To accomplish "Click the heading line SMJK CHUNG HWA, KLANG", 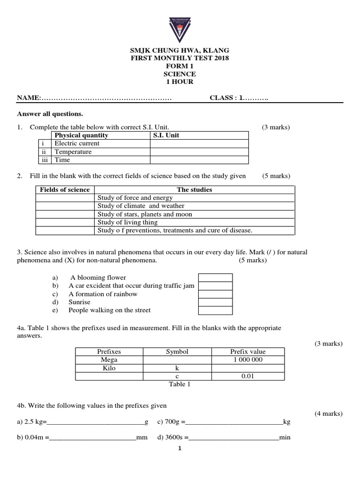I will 180,50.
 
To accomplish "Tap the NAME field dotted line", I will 107,98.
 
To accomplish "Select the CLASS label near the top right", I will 223,97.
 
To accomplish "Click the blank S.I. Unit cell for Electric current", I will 199,143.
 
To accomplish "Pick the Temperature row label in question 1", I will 73,152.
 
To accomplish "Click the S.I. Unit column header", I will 166,135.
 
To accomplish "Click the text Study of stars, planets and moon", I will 144,214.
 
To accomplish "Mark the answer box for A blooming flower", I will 215,277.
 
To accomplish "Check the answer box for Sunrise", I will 215,302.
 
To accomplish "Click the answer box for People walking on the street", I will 215,310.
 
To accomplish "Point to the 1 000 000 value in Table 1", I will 247,360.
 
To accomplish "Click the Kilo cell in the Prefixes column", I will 109,368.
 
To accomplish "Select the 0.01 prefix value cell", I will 247,376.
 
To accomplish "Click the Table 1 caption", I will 180,384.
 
